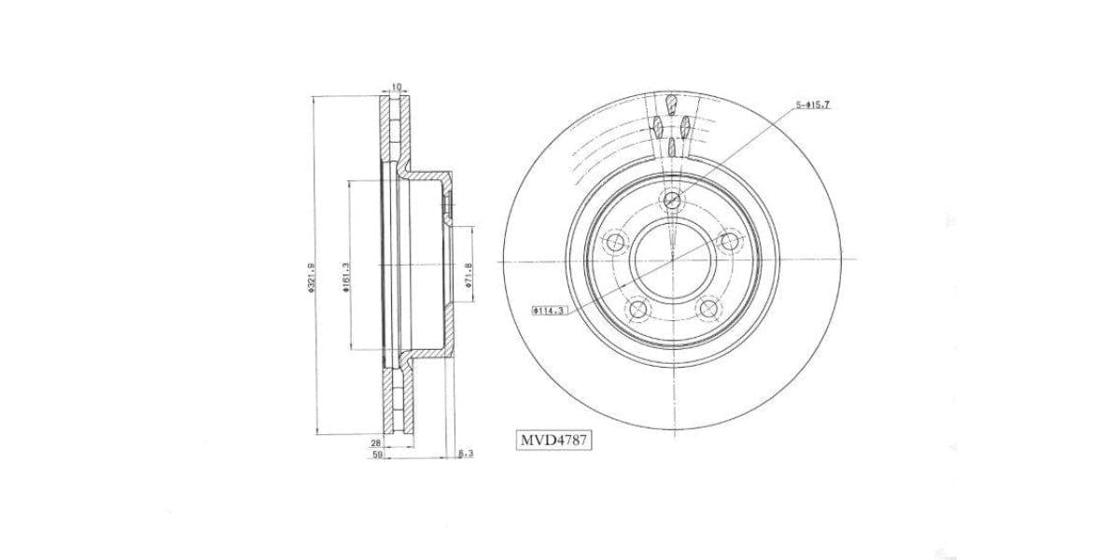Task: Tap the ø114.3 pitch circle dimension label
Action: tap(550, 311)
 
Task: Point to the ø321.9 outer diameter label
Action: tap(311, 278)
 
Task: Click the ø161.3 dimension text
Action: tap(345, 278)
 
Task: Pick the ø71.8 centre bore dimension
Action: tap(469, 275)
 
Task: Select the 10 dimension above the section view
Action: tap(396, 87)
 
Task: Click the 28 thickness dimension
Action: tap(376, 444)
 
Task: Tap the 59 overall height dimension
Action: tap(376, 455)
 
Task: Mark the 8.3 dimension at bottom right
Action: tap(468, 455)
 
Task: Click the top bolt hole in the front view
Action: tap(672, 201)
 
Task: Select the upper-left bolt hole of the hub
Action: tap(614, 244)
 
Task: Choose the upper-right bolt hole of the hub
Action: tap(730, 244)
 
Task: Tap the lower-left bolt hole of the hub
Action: tap(637, 310)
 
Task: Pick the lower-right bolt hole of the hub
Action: tap(707, 310)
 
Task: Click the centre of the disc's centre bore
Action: tap(672, 261)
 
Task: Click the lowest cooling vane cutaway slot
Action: tap(672, 147)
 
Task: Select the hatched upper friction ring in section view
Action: tap(391, 131)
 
